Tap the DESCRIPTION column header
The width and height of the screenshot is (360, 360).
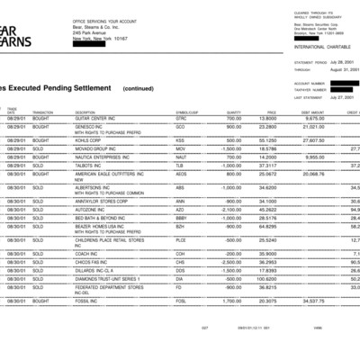click(x=91, y=111)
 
